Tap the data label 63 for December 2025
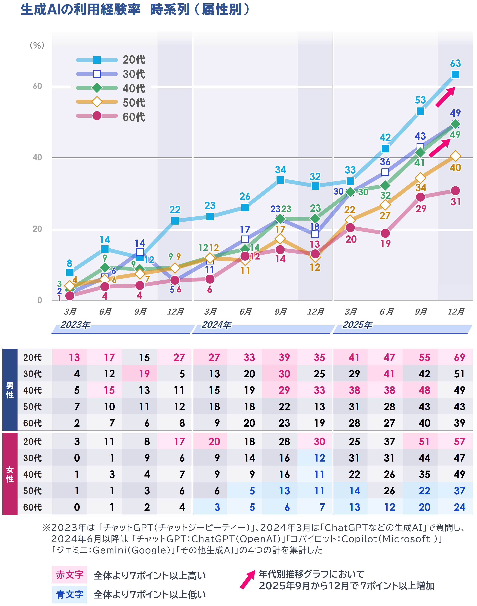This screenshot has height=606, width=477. [455, 63]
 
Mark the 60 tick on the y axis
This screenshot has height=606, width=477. [37, 86]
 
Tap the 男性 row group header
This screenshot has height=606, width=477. [10, 390]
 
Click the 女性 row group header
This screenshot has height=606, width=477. [10, 474]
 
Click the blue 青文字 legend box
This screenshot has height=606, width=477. [70, 594]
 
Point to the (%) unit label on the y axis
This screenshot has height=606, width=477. [37, 45]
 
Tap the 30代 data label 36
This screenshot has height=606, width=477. [385, 162]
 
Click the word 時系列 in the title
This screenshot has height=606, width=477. [170, 10]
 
